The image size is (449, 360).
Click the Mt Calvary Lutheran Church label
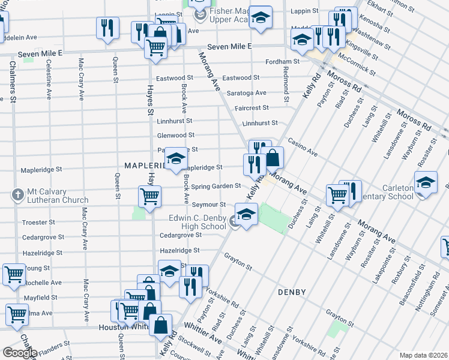(x=58, y=196)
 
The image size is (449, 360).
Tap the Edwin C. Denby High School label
(x=197, y=222)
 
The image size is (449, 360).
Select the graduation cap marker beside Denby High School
(x=246, y=213)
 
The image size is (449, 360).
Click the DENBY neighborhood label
(x=292, y=292)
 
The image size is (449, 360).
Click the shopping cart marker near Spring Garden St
(x=149, y=195)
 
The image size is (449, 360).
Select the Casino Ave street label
(x=302, y=147)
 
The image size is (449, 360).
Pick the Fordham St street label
(x=283, y=62)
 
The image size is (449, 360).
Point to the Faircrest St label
(x=253, y=108)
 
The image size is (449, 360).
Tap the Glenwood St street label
(x=176, y=136)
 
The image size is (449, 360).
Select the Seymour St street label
(x=208, y=205)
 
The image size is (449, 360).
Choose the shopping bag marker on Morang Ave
(x=273, y=158)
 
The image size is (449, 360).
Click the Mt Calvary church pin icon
(x=19, y=196)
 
